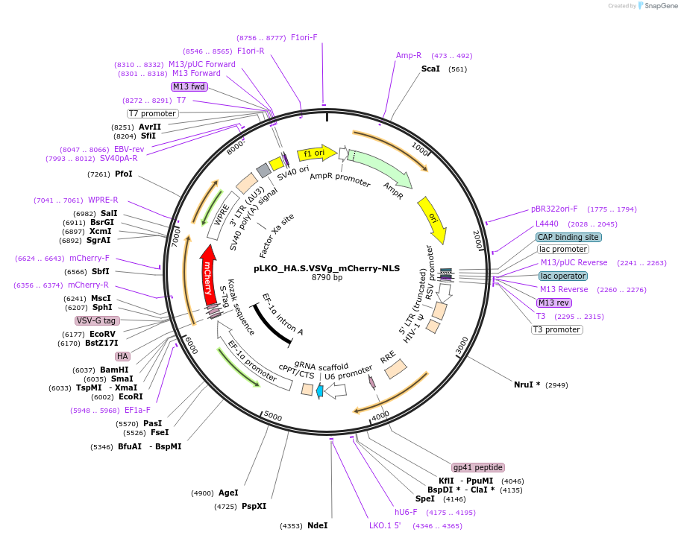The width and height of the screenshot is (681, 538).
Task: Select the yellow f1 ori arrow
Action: click(x=316, y=154)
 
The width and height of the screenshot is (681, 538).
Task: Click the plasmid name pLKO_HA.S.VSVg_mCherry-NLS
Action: click(x=327, y=268)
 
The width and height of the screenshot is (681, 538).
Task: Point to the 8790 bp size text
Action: click(x=327, y=278)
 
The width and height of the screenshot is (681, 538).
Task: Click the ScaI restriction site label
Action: click(x=430, y=69)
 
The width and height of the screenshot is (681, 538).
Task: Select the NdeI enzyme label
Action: click(x=317, y=526)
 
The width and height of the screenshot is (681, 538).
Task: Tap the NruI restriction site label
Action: click(x=527, y=384)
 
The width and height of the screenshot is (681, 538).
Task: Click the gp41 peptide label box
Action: click(x=478, y=467)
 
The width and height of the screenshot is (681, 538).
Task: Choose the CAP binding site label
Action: click(x=568, y=237)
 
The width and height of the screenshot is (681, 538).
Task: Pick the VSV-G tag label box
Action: click(x=97, y=320)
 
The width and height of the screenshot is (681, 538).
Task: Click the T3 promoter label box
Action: click(x=556, y=329)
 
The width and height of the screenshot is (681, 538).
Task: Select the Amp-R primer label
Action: click(x=408, y=55)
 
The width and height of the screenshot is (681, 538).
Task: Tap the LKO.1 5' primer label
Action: click(x=385, y=526)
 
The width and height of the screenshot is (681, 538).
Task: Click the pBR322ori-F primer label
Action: click(x=554, y=209)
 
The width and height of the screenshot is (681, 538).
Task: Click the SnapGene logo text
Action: click(x=660, y=6)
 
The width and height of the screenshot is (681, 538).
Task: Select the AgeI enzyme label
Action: click(x=228, y=493)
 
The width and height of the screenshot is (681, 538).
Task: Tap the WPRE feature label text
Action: click(x=222, y=216)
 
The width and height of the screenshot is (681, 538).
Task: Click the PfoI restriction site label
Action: click(x=124, y=174)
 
